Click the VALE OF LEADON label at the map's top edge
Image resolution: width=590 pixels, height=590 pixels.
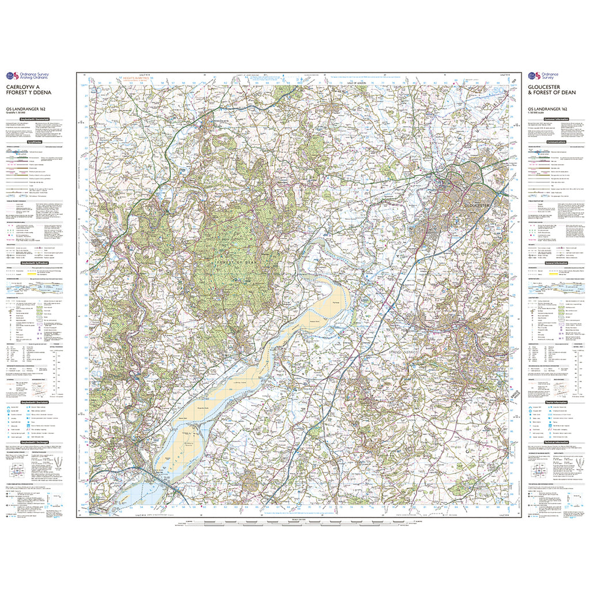pyautogui.click(x=357, y=84)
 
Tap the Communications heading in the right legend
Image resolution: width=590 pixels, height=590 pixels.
pyautogui.click(x=556, y=141)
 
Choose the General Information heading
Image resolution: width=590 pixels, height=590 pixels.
pyautogui.click(x=556, y=263)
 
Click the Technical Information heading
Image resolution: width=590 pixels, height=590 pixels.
pyautogui.click(x=556, y=445)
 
